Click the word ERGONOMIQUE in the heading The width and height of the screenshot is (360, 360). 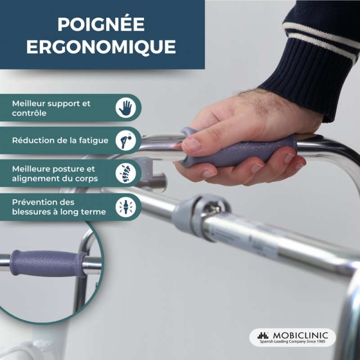tap(101, 47)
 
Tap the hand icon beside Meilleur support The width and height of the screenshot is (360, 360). tap(126, 108)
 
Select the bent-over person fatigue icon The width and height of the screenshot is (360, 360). tap(126, 140)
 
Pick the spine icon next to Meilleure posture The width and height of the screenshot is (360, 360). tap(126, 173)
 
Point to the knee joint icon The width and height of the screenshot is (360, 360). tap(126, 207)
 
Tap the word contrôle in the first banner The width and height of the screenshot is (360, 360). tap(29, 113)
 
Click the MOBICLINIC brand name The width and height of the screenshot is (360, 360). tap(301, 335)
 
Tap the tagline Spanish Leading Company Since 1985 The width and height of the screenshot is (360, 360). tap(292, 342)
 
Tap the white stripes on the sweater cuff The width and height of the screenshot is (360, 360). tap(321, 40)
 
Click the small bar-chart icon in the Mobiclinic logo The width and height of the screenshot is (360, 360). tap(263, 335)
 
